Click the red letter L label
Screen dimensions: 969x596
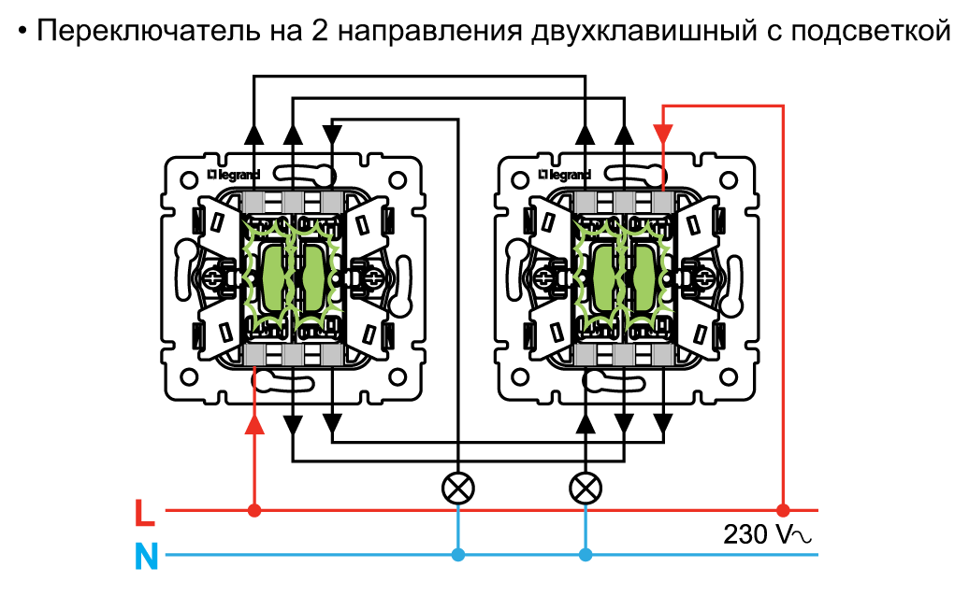145,513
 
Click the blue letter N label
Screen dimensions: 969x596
147,557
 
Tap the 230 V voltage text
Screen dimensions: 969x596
766,534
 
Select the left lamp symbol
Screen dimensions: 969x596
458,489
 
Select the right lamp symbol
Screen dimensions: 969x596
586,489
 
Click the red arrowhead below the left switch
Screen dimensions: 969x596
254,424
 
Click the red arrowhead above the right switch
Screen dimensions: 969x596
663,134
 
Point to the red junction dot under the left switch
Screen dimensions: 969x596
254,510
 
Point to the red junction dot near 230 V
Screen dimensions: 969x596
783,510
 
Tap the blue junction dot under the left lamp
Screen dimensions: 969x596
458,555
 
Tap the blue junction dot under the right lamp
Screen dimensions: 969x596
586,555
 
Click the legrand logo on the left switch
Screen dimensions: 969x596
233,176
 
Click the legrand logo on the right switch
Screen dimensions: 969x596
564,176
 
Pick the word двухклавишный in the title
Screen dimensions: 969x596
644,32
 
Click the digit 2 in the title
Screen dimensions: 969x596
320,31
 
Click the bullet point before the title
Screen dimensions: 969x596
22,31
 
